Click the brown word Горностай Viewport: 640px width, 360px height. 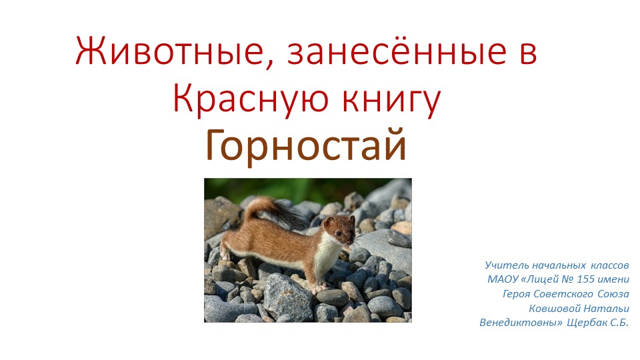[306, 145]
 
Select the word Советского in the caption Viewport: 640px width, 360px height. [561, 294]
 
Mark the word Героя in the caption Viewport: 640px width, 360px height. [517, 294]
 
